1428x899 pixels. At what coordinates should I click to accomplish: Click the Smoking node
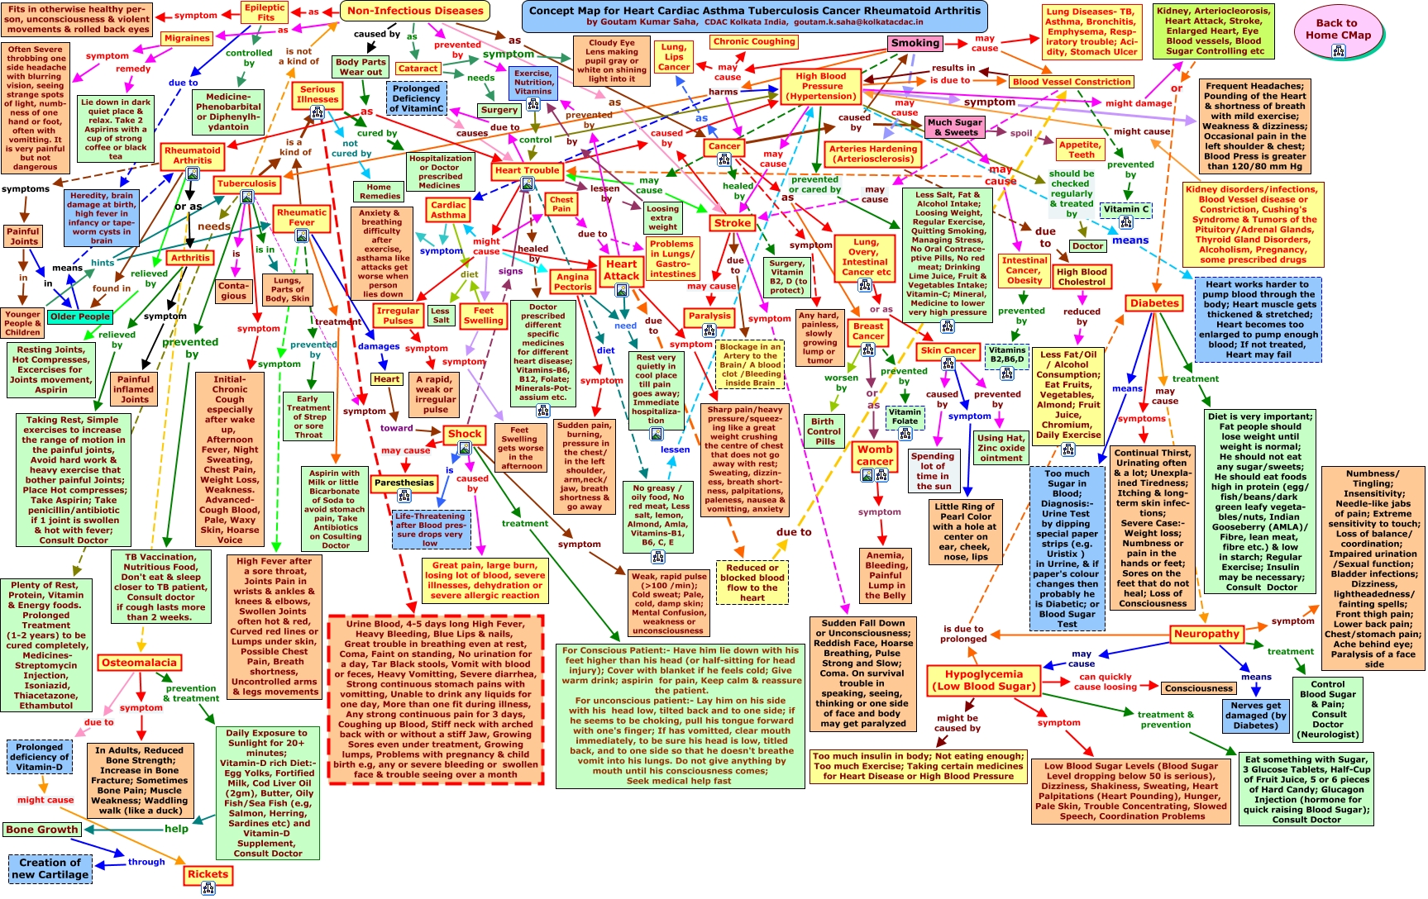coord(915,43)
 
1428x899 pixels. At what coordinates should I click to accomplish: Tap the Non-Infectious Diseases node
coord(415,12)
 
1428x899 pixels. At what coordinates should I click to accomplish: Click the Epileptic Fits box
coord(265,12)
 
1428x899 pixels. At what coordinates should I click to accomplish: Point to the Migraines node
coord(187,38)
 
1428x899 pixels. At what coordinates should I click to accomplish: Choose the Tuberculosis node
coord(246,183)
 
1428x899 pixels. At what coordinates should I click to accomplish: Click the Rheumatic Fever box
coord(301,217)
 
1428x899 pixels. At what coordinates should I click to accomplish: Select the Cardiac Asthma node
coord(448,210)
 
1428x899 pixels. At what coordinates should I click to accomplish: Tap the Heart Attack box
coord(621,270)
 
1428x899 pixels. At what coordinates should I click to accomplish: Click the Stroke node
coord(733,223)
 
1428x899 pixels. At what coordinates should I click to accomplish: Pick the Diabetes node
coord(1154,303)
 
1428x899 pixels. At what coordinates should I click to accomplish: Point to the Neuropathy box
coord(1206,634)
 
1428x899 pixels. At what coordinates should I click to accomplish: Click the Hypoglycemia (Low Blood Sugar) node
coord(984,679)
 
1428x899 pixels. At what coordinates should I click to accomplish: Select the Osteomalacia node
coord(139,663)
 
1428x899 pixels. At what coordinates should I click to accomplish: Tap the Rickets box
coord(208,874)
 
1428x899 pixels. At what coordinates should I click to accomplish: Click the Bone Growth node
coord(41,830)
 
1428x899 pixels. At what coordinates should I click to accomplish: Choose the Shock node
coord(464,434)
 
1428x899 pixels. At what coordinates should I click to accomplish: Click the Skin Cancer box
coord(948,350)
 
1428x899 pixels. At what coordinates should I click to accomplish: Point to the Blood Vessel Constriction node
coord(1072,82)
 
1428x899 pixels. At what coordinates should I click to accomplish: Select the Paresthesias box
coord(404,483)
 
